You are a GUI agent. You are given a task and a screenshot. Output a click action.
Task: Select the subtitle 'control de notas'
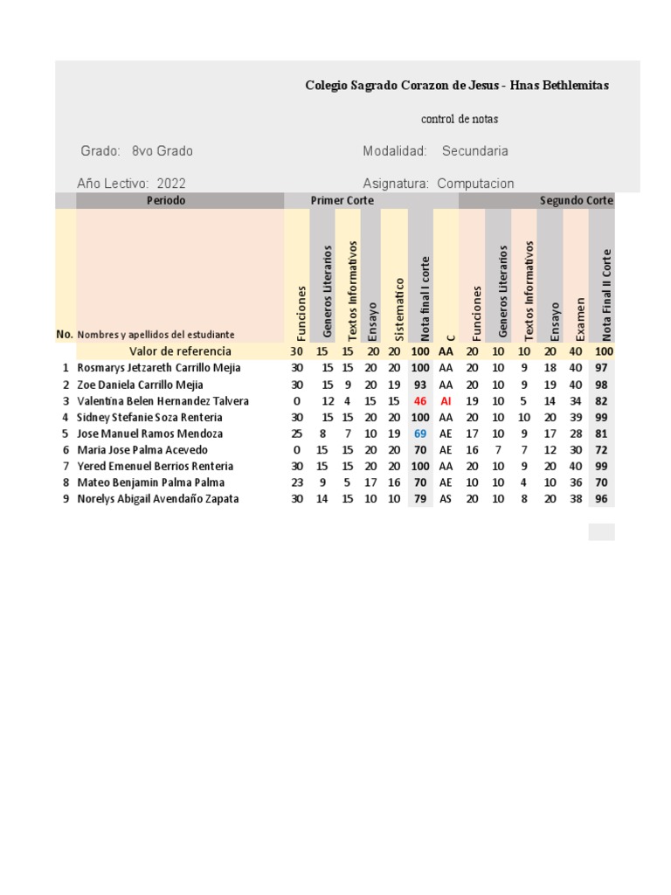tap(460, 119)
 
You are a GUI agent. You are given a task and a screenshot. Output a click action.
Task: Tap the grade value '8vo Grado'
tap(163, 151)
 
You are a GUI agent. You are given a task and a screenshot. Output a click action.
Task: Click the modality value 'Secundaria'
tap(474, 151)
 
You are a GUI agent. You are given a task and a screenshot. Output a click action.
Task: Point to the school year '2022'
tap(171, 184)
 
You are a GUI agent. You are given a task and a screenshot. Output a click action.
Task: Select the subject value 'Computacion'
tap(475, 184)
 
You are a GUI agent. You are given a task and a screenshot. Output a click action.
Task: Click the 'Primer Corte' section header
tap(342, 201)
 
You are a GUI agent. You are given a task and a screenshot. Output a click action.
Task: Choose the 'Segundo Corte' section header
tap(576, 201)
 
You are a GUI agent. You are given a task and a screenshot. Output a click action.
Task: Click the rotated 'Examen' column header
tap(576, 316)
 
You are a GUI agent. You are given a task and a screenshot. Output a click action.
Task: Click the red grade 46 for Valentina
tap(420, 401)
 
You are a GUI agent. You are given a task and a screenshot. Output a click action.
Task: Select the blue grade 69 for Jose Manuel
tap(420, 434)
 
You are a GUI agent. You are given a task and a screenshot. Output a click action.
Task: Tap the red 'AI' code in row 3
tap(446, 401)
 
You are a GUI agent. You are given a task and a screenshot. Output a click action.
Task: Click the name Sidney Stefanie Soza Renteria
tap(149, 418)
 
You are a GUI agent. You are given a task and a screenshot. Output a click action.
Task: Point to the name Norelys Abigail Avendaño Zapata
tap(157, 499)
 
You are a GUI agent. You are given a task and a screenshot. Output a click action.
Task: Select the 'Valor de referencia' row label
tap(180, 351)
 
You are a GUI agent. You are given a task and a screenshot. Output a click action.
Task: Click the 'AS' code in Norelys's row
tap(446, 499)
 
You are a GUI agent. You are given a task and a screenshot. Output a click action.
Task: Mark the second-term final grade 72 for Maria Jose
tap(601, 450)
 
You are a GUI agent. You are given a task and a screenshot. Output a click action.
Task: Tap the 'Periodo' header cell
tap(166, 201)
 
